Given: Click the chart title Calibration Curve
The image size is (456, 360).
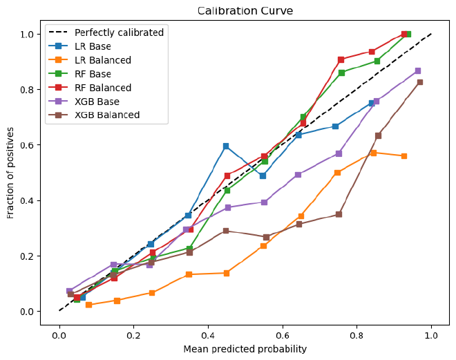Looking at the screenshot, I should (x=245, y=11).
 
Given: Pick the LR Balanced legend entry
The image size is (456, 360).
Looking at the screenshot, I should (x=103, y=60).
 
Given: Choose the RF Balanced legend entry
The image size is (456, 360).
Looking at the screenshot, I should (x=103, y=88).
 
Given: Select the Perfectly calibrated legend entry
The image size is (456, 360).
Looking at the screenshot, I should (x=119, y=32).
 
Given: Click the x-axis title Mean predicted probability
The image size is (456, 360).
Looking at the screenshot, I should (x=245, y=349).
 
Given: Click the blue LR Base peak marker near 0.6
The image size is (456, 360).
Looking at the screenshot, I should (x=226, y=146).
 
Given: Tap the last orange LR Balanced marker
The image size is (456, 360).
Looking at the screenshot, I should (x=403, y=156).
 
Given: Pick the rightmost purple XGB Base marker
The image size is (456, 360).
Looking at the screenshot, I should (x=418, y=71).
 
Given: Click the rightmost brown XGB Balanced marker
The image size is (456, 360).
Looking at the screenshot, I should (x=419, y=82).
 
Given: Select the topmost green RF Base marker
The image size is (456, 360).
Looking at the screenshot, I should (x=408, y=34).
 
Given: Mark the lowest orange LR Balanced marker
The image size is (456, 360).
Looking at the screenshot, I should (x=88, y=305).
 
